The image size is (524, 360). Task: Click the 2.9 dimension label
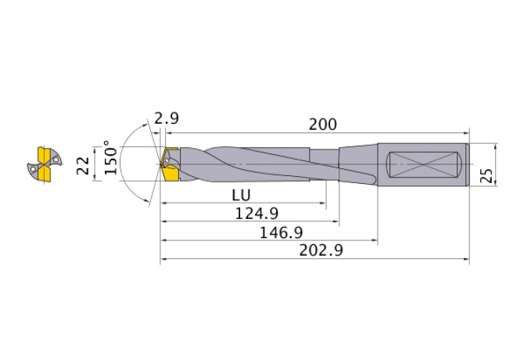pyautogui.click(x=167, y=118)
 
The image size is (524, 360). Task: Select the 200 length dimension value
pyautogui.click(x=322, y=124)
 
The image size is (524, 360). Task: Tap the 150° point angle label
pyautogui.click(x=111, y=157)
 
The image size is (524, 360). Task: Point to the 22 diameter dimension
pyautogui.click(x=83, y=165)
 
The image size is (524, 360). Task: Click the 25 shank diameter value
pyautogui.click(x=486, y=175)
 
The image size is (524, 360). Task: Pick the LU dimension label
pyautogui.click(x=241, y=195)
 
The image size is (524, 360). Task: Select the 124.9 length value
pyautogui.click(x=257, y=213)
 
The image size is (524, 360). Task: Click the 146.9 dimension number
pyautogui.click(x=281, y=232)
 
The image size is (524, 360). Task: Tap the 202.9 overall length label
pyautogui.click(x=321, y=250)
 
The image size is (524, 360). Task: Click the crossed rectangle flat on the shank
pyautogui.click(x=424, y=165)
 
